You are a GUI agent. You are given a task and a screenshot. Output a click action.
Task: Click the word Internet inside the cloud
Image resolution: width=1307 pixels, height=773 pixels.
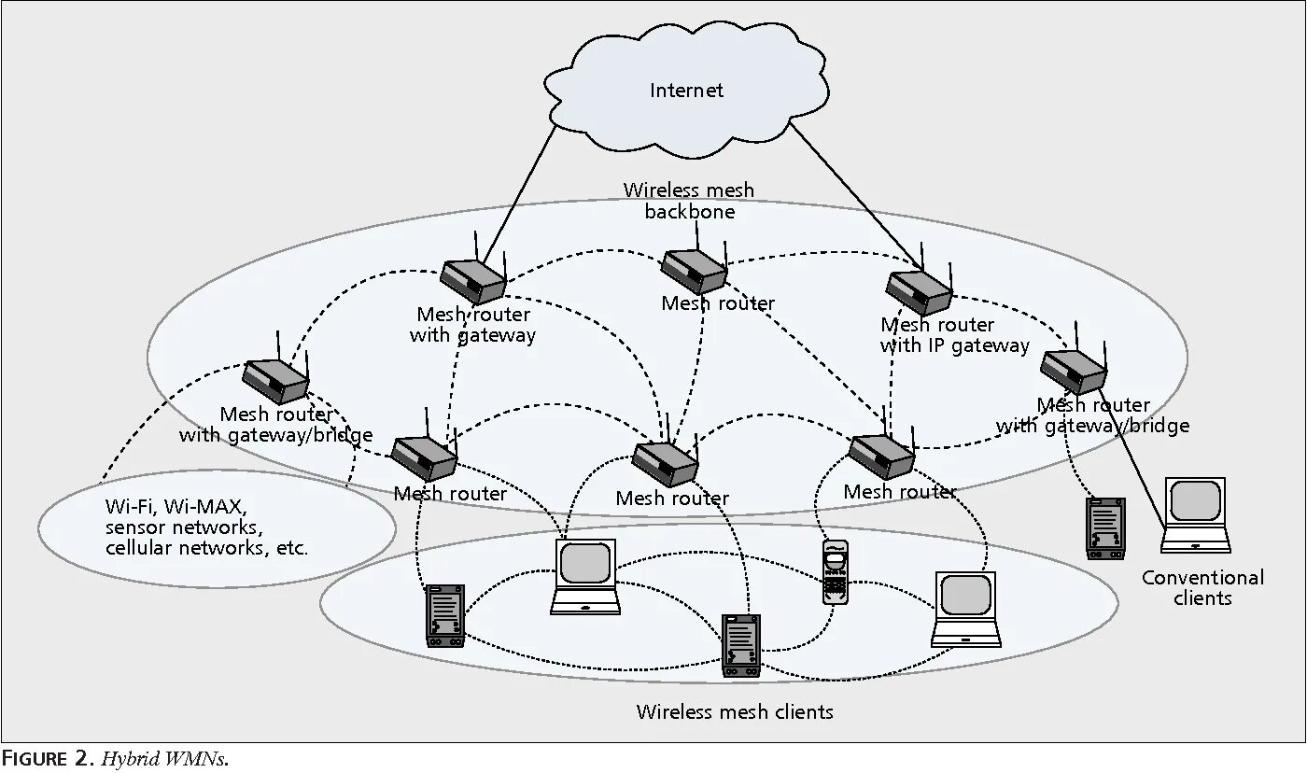click(686, 91)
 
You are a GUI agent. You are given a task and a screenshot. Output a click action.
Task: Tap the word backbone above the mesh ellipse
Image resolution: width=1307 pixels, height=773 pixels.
click(690, 212)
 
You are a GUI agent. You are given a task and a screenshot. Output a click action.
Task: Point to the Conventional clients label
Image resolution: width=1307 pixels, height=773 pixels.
click(1202, 587)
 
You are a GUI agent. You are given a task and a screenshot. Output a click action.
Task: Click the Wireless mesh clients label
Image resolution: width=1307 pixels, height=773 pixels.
click(735, 711)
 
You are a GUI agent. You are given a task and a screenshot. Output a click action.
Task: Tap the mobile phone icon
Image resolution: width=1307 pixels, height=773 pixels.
click(835, 570)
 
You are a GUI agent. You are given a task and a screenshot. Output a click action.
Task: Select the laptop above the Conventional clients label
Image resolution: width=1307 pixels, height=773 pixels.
click(1196, 514)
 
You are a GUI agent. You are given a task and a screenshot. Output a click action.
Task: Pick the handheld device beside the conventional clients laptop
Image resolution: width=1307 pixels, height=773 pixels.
click(1106, 527)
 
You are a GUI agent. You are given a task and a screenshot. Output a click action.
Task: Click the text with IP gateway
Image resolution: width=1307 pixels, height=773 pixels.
click(954, 345)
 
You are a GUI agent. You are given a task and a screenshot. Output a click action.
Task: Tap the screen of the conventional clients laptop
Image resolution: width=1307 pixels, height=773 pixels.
click(1196, 501)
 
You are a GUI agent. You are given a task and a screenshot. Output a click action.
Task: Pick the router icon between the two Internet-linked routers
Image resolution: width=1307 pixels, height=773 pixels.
click(695, 270)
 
